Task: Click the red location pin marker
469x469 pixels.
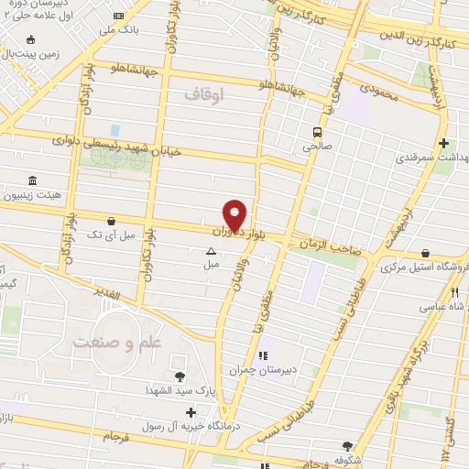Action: click(x=235, y=214)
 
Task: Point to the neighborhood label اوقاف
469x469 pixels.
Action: click(x=202, y=93)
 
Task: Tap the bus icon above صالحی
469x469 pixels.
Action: click(x=317, y=132)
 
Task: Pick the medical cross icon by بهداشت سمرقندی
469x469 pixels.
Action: click(x=444, y=144)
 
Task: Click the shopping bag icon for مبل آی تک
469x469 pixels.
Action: click(x=111, y=221)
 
